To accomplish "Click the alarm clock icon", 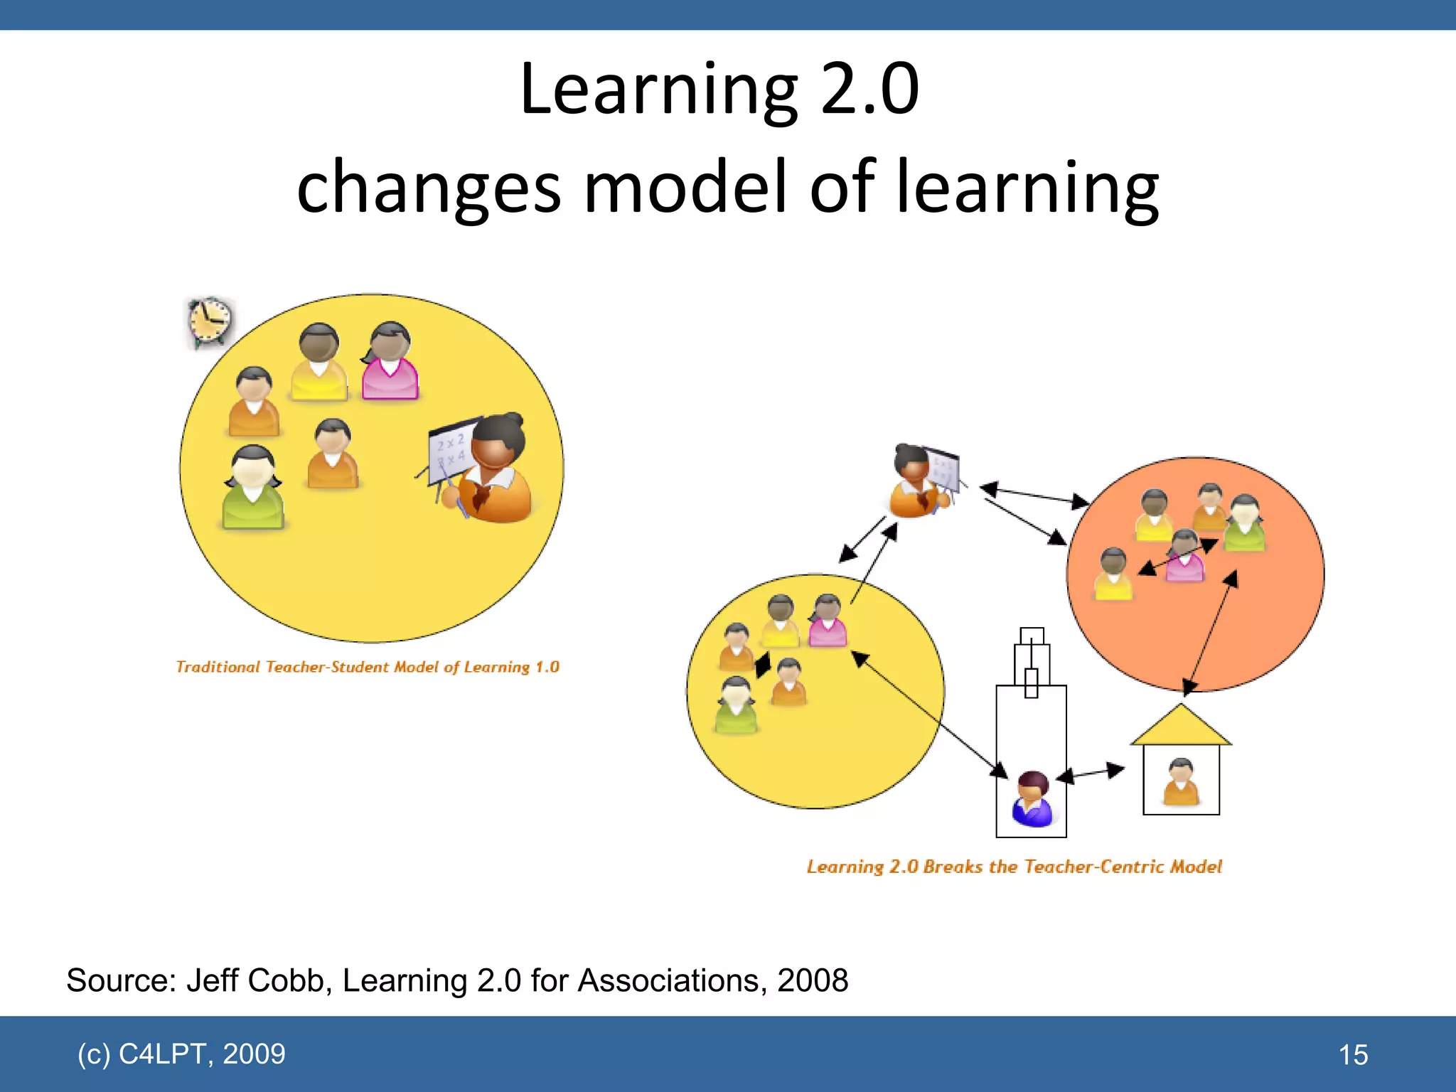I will (x=210, y=322).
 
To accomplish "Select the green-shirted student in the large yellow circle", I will (x=254, y=489).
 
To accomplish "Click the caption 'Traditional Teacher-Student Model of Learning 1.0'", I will (x=368, y=667).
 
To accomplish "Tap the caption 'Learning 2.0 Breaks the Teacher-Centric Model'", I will (x=1014, y=867).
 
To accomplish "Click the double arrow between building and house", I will (x=1091, y=773).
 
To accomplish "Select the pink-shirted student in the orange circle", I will (x=1184, y=557).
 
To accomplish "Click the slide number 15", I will (x=1353, y=1055).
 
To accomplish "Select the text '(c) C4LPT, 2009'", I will (x=181, y=1054).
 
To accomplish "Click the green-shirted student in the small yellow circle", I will (x=737, y=706).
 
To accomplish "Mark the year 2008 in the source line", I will (x=813, y=980).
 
